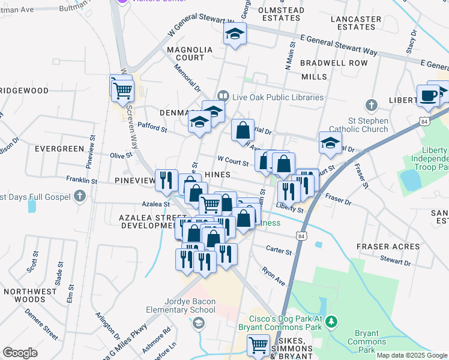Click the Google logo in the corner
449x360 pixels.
[20, 353]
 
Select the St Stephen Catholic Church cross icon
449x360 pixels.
[372, 106]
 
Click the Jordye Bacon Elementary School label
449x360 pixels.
[181, 305]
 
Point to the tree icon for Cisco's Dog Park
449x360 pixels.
[330, 323]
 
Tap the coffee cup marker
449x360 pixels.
[429, 97]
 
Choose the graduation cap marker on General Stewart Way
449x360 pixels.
[235, 35]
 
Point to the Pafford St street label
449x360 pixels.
[152, 125]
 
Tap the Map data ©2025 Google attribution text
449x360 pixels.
[411, 355]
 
